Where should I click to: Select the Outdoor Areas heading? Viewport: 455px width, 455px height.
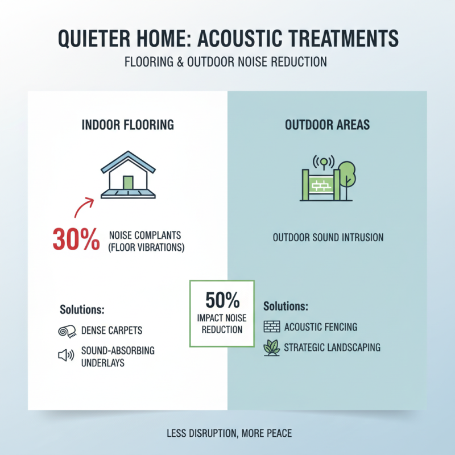click(327, 125)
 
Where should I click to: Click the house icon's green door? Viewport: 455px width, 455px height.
click(128, 183)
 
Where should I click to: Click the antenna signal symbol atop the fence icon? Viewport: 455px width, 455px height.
click(324, 162)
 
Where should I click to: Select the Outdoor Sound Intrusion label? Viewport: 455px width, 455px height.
click(328, 237)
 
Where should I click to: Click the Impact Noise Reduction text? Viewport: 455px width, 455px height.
click(222, 325)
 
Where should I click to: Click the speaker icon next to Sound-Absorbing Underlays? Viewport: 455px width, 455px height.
click(67, 355)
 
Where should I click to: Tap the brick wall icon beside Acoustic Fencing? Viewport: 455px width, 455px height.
click(271, 326)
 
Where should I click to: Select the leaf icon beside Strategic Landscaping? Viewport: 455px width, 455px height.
click(271, 348)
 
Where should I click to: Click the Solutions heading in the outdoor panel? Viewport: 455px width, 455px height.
click(286, 306)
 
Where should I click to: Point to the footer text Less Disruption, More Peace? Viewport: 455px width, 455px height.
click(229, 433)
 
